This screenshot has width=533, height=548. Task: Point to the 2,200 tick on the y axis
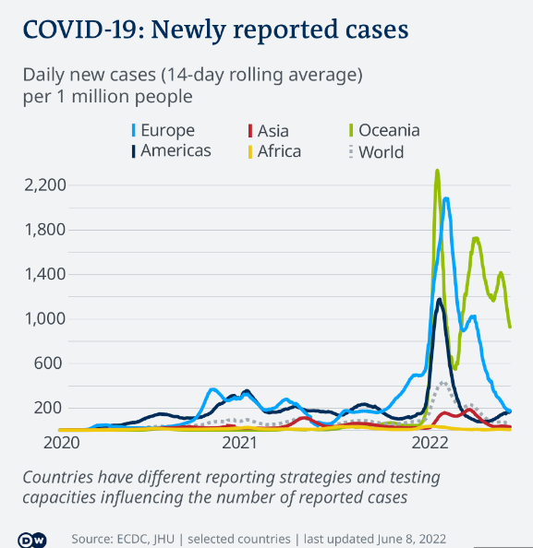pos(44,185)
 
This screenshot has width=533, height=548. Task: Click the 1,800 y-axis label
pos(44,230)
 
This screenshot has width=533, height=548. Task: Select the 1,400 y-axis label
pos(44,274)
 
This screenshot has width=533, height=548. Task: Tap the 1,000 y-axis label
pos(44,319)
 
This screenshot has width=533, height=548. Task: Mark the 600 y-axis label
pos(50,363)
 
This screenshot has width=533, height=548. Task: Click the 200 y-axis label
pos(50,408)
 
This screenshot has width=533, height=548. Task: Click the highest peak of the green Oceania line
pos(437,171)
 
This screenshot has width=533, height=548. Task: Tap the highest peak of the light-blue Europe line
pos(446,198)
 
